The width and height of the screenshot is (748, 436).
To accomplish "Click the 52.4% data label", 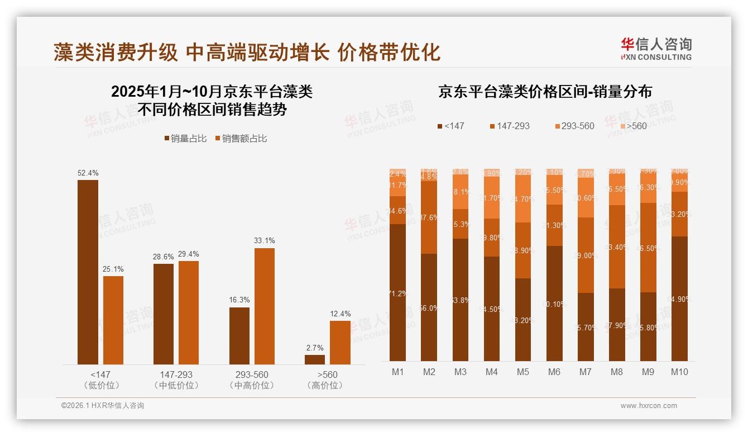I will pos(88,173).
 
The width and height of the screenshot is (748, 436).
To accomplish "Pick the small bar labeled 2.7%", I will pos(315,359).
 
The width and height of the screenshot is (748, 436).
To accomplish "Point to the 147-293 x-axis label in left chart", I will pos(176,375).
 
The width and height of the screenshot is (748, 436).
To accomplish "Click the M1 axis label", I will pos(397,372).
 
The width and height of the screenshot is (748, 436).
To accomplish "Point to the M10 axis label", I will pos(679,372).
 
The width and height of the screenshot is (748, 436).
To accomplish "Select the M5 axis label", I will pos(522,372).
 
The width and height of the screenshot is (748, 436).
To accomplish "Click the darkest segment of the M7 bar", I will pos(586,327).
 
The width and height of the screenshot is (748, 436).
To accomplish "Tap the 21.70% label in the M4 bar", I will pos(491,198).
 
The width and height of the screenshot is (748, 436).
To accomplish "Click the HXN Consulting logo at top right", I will pos(656,49).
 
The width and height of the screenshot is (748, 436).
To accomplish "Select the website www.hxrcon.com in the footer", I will pos(648,406).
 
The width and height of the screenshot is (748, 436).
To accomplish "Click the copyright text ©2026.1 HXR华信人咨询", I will pos(102,406).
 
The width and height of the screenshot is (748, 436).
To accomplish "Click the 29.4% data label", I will pos(188,254).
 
